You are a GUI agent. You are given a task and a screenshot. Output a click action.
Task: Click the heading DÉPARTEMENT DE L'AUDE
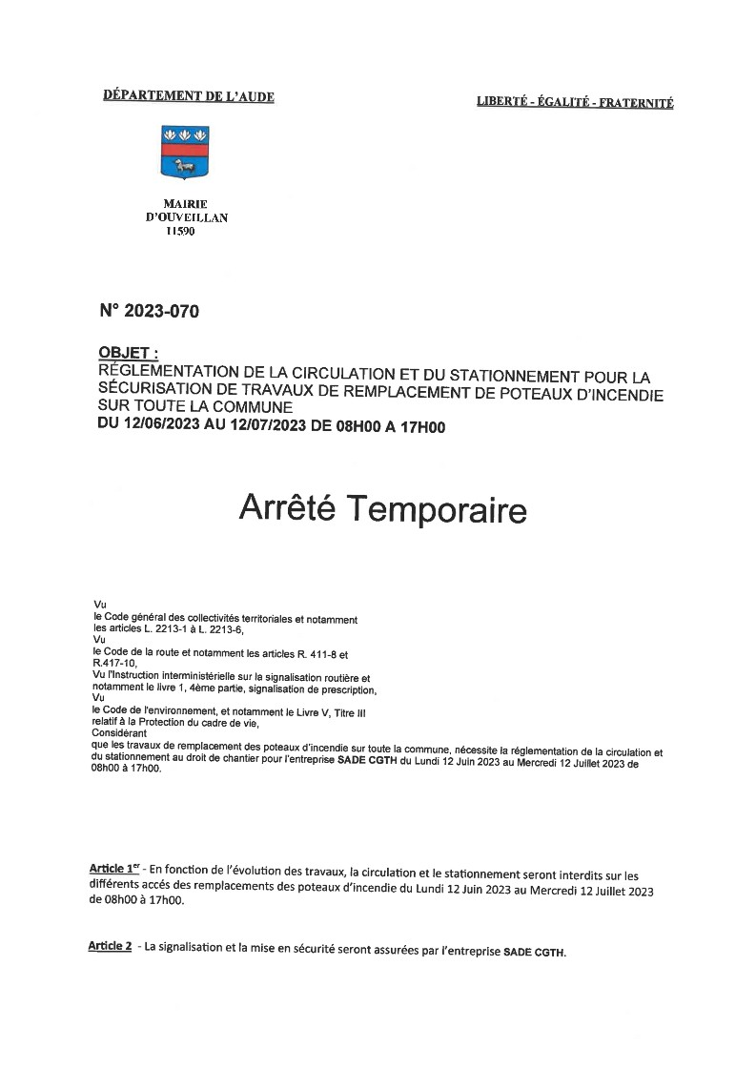click(x=188, y=96)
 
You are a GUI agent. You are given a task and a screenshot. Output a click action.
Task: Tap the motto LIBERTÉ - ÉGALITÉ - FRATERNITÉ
click(x=575, y=103)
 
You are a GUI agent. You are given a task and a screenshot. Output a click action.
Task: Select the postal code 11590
click(x=180, y=231)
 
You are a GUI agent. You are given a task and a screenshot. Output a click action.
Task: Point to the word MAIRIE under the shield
click(x=186, y=204)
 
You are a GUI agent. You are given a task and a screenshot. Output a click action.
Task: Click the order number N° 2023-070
click(x=150, y=311)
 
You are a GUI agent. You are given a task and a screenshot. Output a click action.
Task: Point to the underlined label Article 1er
click(x=114, y=870)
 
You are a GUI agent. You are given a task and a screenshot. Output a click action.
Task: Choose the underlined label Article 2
click(x=109, y=946)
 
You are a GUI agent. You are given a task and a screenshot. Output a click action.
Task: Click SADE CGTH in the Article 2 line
click(x=534, y=952)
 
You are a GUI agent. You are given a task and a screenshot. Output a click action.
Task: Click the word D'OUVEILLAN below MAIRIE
click(x=186, y=217)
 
